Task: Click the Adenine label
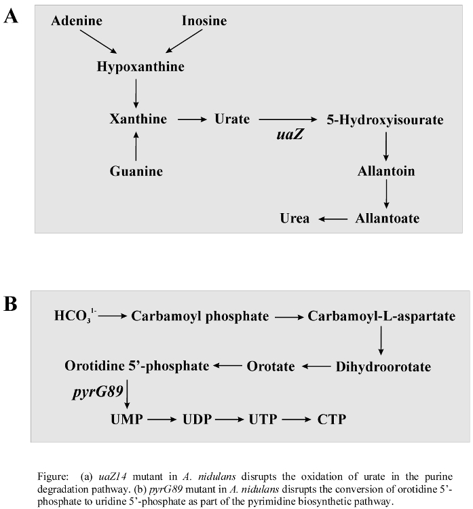(x=77, y=21)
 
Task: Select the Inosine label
(x=204, y=21)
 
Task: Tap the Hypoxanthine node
(x=140, y=67)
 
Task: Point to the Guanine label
(x=136, y=171)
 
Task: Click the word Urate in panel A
(x=232, y=119)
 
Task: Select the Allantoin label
(x=386, y=171)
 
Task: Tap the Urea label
(x=295, y=219)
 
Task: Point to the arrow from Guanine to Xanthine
(x=136, y=145)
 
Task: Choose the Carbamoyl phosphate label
(x=200, y=316)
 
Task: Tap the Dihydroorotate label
(x=383, y=366)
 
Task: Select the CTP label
(x=331, y=419)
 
